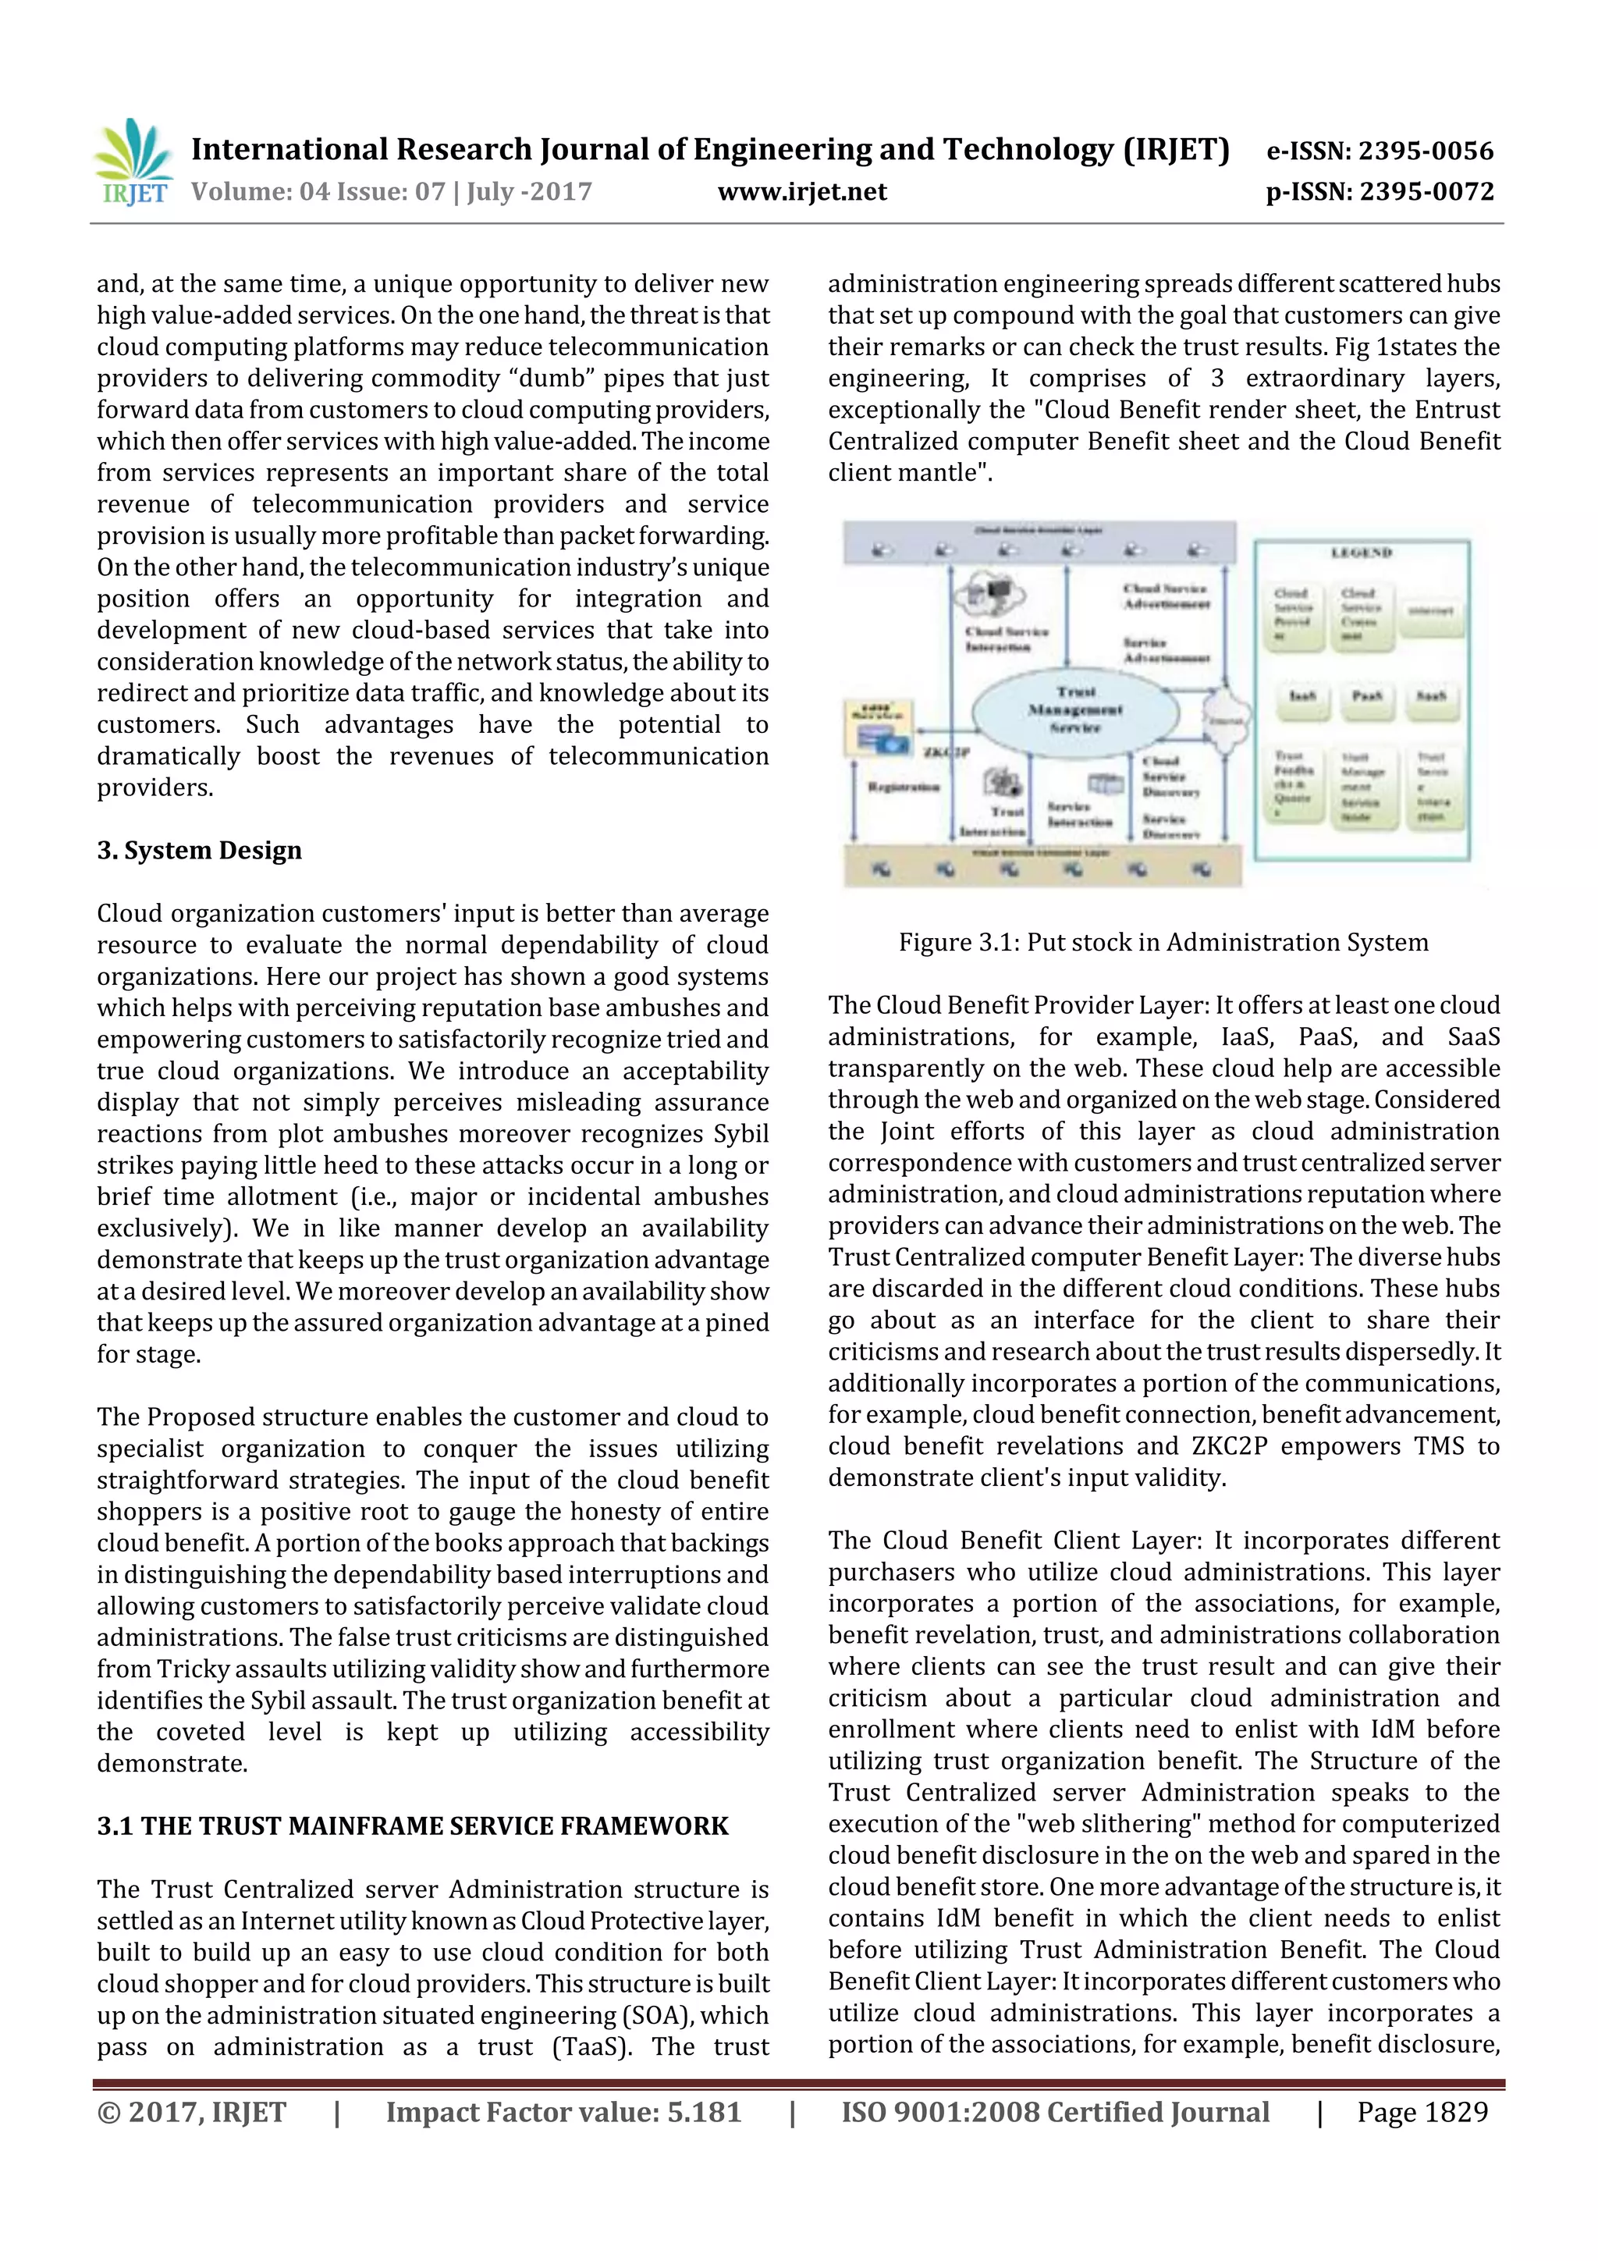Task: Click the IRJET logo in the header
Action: click(133, 161)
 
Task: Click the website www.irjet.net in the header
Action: click(801, 192)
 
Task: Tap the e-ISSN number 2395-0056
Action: click(1425, 151)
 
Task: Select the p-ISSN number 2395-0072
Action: click(1426, 192)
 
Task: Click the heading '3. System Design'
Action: click(199, 851)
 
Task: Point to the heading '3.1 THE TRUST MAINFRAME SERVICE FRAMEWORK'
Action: click(413, 1826)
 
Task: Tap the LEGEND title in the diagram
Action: click(1361, 553)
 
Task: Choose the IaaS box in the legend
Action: click(1301, 696)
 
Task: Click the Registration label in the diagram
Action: click(903, 787)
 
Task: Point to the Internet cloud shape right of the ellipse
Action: click(1226, 718)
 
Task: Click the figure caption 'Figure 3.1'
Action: click(1163, 943)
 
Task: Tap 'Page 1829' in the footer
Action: click(1422, 2112)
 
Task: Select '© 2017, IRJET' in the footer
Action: click(192, 2112)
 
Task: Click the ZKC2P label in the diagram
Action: click(945, 752)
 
